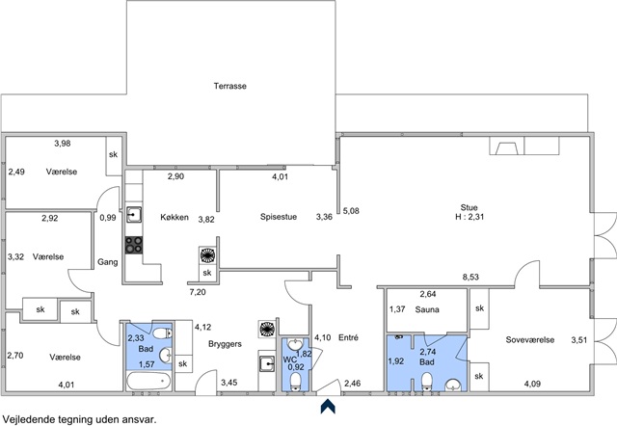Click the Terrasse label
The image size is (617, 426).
click(x=230, y=86)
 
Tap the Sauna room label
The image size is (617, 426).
click(x=427, y=309)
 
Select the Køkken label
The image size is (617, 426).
click(x=174, y=217)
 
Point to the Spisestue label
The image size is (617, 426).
click(x=279, y=217)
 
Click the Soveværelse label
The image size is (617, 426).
click(x=529, y=340)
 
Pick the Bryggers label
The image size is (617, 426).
click(x=225, y=344)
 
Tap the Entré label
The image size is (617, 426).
click(x=348, y=337)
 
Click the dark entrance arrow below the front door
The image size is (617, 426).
click(x=328, y=407)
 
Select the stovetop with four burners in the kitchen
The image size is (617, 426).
click(x=134, y=245)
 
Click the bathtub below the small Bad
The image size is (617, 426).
click(x=148, y=381)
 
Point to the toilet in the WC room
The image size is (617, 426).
click(x=296, y=382)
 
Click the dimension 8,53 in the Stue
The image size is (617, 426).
click(x=470, y=277)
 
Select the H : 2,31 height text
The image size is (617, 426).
click(x=469, y=217)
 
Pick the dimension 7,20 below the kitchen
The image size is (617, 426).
click(x=198, y=292)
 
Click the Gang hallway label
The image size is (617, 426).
click(x=107, y=262)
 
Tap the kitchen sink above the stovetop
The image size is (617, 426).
click(x=134, y=215)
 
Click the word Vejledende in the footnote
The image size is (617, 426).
click(x=25, y=419)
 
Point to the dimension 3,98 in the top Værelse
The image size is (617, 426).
click(x=63, y=144)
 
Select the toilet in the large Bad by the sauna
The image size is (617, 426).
click(x=427, y=382)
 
